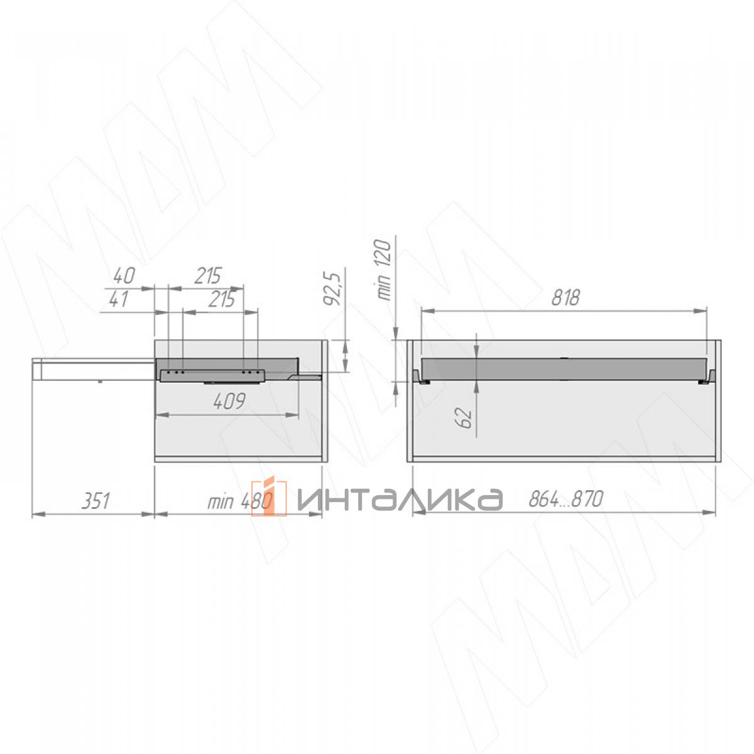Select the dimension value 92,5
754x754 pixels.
[333, 289]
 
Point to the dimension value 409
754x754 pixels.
[230, 402]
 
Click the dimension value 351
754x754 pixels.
[96, 501]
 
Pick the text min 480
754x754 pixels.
[239, 501]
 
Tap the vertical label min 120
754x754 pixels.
[383, 270]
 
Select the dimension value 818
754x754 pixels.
[565, 298]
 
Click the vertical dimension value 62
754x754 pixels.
[464, 417]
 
